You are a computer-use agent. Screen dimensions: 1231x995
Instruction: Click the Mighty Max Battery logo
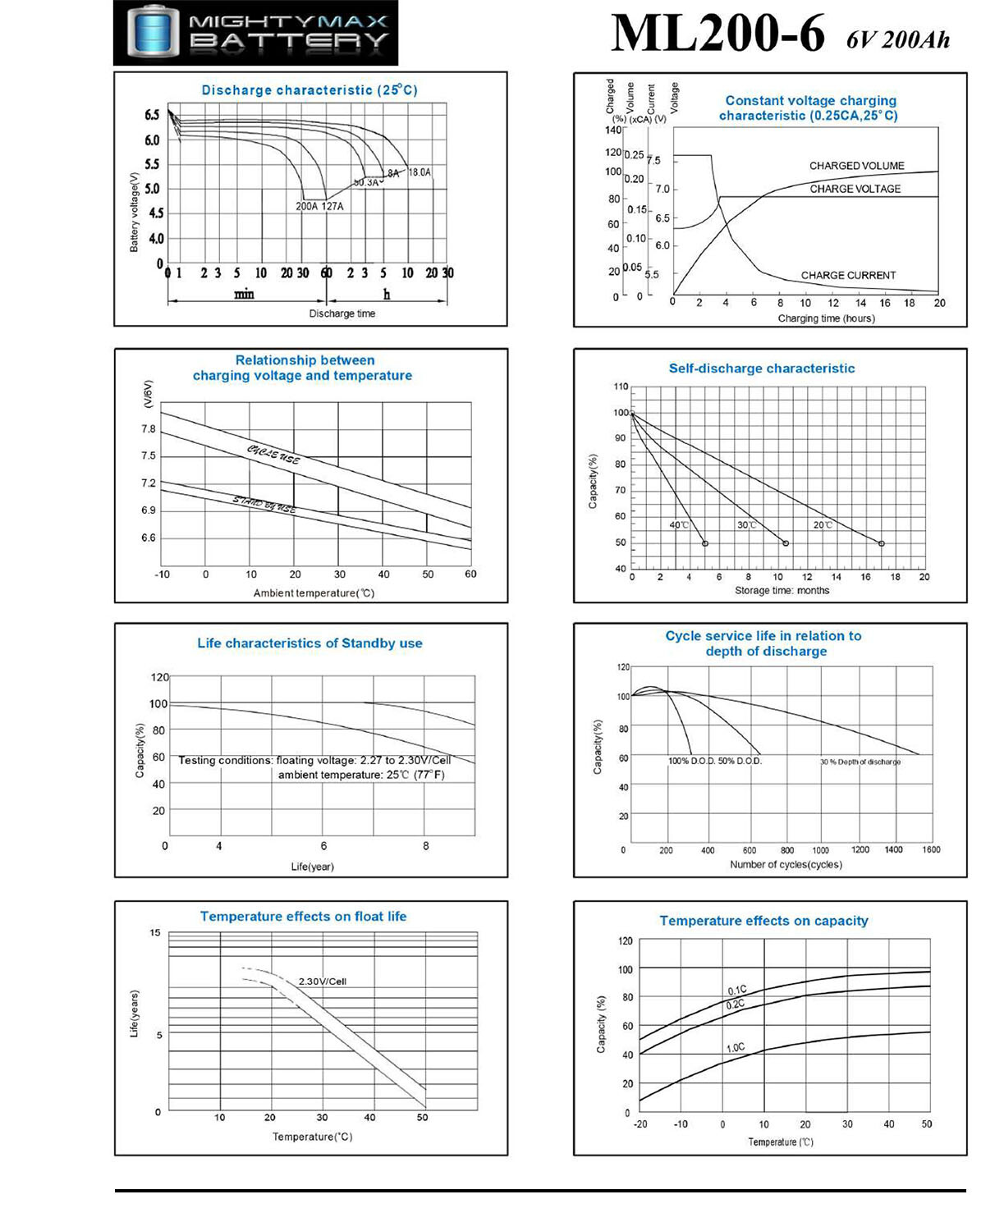pyautogui.click(x=255, y=33)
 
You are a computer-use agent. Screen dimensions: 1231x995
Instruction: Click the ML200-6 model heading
pyautogui.click(x=717, y=34)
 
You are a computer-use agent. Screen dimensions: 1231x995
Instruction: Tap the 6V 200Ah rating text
pyautogui.click(x=898, y=39)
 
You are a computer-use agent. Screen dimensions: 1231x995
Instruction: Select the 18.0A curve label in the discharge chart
pyautogui.click(x=419, y=172)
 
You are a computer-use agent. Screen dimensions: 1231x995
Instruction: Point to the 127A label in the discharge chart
pyautogui.click(x=332, y=207)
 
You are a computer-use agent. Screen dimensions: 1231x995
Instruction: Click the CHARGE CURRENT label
pyautogui.click(x=848, y=276)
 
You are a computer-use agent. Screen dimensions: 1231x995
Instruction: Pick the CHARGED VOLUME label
pyautogui.click(x=856, y=166)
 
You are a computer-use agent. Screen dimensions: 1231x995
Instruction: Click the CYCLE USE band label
pyautogui.click(x=273, y=454)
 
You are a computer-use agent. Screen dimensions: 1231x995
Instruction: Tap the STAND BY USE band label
pyautogui.click(x=264, y=505)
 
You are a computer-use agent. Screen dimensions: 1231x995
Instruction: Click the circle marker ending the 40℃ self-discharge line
pyautogui.click(x=705, y=543)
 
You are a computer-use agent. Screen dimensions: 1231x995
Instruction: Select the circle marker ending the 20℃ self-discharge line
pyautogui.click(x=882, y=543)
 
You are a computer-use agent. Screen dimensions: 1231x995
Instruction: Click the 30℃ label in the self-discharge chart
pyautogui.click(x=746, y=525)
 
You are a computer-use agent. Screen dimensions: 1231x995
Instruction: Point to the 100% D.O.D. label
pyautogui.click(x=691, y=762)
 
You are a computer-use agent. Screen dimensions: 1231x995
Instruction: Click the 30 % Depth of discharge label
pyautogui.click(x=860, y=762)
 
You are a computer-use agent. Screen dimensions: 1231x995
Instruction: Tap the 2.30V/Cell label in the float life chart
pyautogui.click(x=322, y=982)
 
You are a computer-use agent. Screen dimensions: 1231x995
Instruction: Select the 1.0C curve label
pyautogui.click(x=736, y=1048)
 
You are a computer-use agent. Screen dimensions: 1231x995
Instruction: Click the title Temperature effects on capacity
pyautogui.click(x=763, y=921)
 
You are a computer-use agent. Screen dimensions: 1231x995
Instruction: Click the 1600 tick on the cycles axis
pyautogui.click(x=931, y=850)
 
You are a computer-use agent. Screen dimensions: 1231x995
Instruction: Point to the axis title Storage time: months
pyautogui.click(x=782, y=591)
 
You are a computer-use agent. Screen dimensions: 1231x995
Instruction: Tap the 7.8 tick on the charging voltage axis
pyautogui.click(x=148, y=429)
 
